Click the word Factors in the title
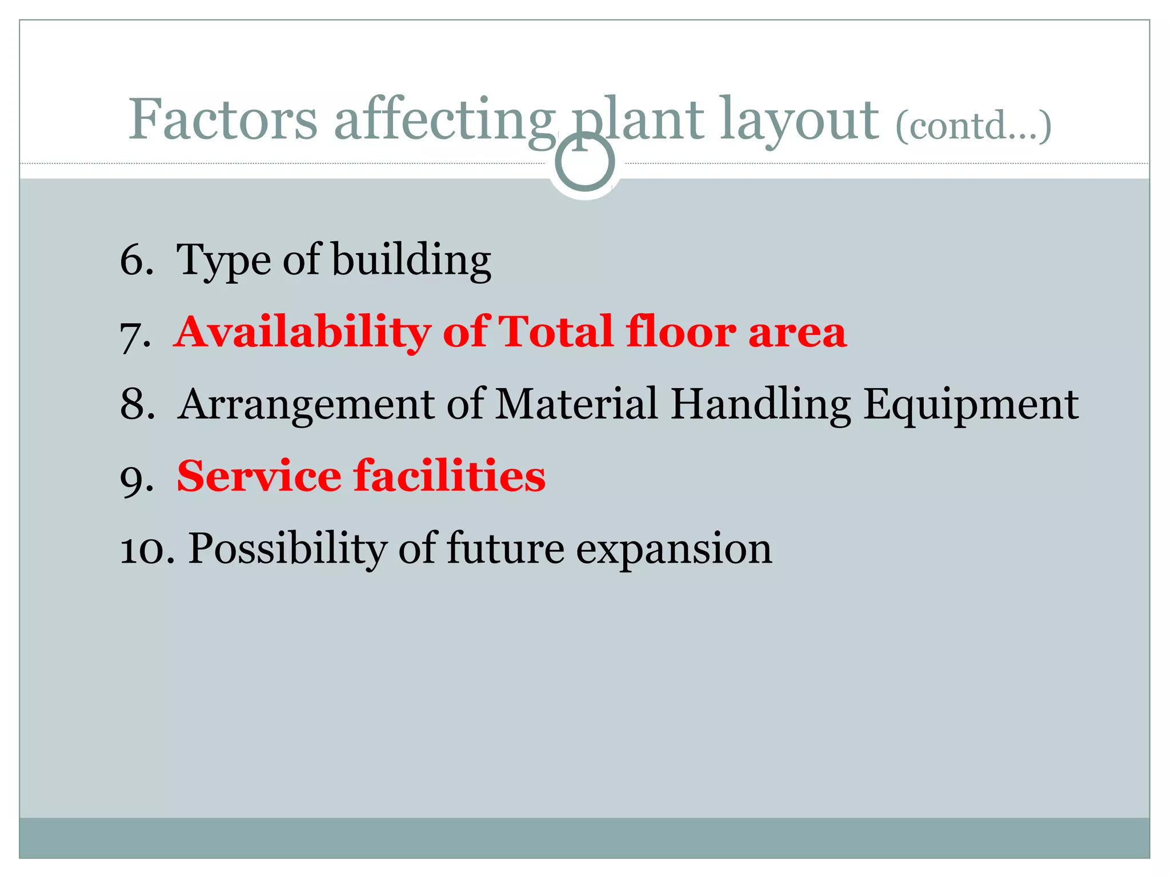point(222,119)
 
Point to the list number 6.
point(136,260)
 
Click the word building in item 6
point(411,260)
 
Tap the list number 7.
point(135,334)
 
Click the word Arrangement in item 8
point(306,404)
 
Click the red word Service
point(259,476)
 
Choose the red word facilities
point(450,476)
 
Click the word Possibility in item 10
point(287,549)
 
